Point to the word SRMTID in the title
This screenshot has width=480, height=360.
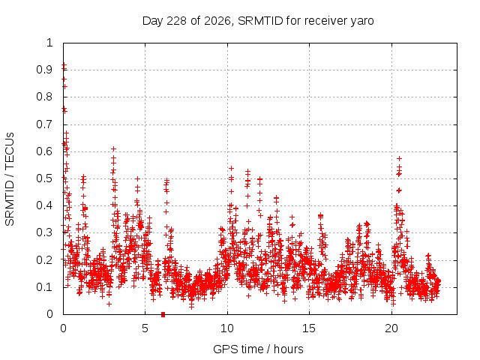coord(260,21)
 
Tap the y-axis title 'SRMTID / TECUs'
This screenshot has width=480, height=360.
coord(10,179)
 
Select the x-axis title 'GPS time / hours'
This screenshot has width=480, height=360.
coord(258,349)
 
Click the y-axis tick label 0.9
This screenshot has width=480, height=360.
coord(44,70)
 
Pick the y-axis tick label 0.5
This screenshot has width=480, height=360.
coord(44,178)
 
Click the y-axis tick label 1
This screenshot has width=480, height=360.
coord(49,43)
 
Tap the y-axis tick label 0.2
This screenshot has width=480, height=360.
coord(44,260)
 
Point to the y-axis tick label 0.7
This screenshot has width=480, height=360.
coord(44,124)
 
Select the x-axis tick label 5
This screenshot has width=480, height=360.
coord(145,328)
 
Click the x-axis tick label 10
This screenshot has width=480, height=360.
coord(227,328)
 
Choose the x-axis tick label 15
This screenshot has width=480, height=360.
coord(309,328)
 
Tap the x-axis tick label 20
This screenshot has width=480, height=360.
coord(391,328)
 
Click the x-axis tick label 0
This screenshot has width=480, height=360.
coord(63,328)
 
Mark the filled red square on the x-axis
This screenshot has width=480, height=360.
coord(163,314)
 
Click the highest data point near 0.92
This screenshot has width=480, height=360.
coord(64,64)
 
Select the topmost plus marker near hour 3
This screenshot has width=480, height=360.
coord(113,149)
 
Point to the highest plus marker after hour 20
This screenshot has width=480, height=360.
coord(399,158)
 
